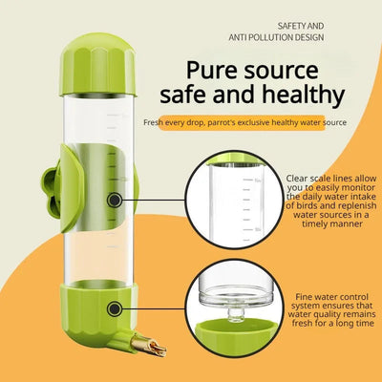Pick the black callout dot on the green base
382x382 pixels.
[116, 308]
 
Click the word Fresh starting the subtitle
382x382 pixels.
[157, 123]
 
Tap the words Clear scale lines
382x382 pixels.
[319, 178]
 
